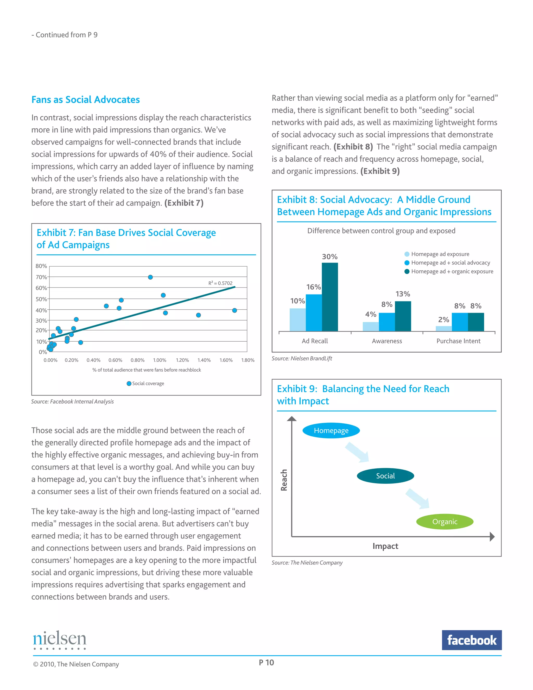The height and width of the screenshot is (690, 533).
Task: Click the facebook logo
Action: [471, 640]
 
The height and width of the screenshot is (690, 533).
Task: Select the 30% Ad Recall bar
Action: [330, 297]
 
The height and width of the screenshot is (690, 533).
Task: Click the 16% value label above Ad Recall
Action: [313, 287]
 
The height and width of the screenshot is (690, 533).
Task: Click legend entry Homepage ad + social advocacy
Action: [450, 262]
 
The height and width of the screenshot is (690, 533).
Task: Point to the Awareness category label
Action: [387, 341]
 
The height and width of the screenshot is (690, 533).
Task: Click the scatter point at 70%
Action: [150, 277]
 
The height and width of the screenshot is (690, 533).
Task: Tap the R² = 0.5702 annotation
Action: [220, 283]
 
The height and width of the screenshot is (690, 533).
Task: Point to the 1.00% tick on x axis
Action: [160, 360]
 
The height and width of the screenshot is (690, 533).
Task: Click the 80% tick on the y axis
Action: [41, 266]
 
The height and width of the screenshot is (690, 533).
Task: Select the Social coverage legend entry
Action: [145, 383]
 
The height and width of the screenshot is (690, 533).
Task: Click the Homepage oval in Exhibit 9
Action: [331, 430]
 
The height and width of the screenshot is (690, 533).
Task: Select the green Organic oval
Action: [445, 522]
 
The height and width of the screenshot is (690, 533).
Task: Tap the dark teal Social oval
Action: [385, 476]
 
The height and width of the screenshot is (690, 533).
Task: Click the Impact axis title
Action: [385, 546]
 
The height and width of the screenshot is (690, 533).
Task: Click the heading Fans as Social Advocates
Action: [86, 99]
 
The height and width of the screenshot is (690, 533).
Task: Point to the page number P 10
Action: [266, 662]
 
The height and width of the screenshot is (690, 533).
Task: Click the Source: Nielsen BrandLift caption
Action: [302, 358]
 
